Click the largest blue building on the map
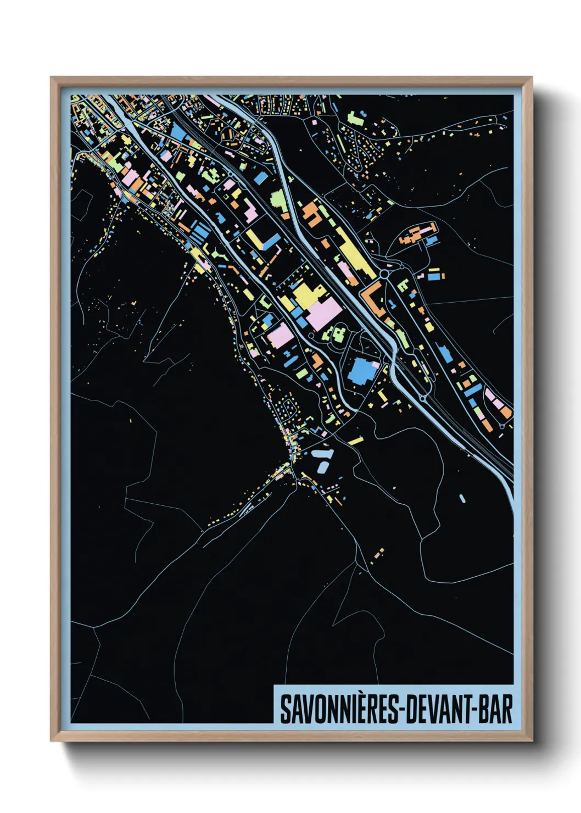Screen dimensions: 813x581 point(362,371)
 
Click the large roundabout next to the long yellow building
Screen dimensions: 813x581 point(384,272)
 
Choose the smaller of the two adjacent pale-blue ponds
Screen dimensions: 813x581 point(322,467)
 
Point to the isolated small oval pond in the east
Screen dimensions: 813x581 point(462,499)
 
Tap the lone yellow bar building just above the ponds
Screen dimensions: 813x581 point(355,441)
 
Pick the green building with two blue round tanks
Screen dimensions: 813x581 point(336,333)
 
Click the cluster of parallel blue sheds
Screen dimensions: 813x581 point(199,230)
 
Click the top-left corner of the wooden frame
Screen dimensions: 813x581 point(52,78)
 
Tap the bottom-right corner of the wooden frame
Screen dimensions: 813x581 point(532,740)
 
